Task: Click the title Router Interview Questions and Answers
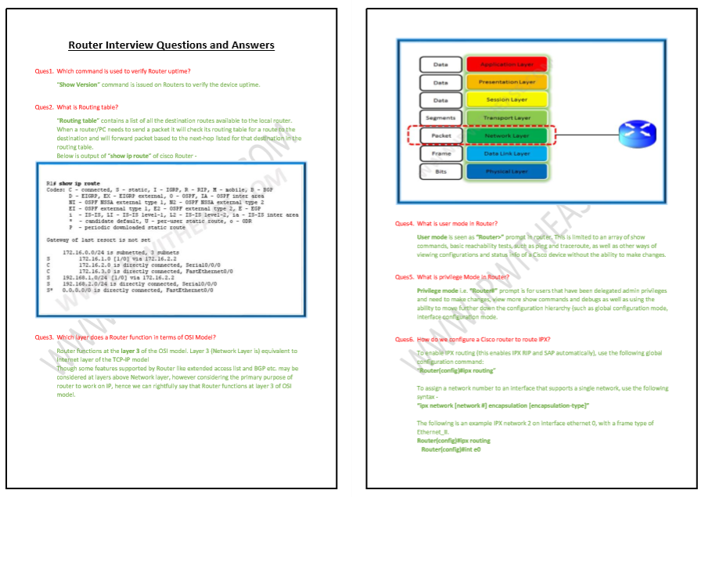(171, 45)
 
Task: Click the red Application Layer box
(507, 64)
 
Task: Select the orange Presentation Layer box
(507, 82)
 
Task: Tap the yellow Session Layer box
(507, 100)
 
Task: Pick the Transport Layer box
(507, 118)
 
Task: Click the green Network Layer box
(507, 136)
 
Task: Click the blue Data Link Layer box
(507, 154)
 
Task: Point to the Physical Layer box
(507, 171)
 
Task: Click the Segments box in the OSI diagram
(441, 118)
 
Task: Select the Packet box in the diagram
(441, 136)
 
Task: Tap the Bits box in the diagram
(441, 171)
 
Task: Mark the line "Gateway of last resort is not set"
(98, 240)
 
